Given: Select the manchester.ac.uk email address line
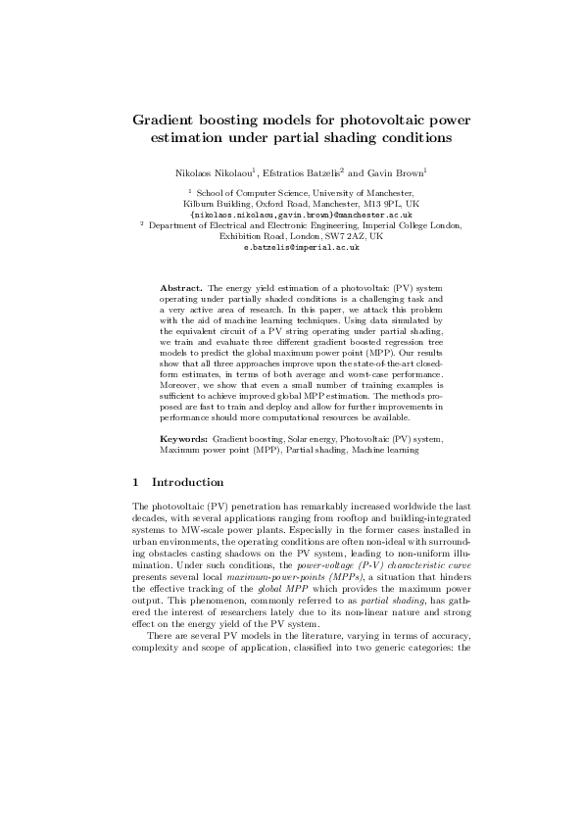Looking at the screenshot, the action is (x=290, y=215).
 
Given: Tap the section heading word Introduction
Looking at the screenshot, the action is (x=187, y=482).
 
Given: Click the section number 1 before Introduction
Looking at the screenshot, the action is (x=135, y=482).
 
